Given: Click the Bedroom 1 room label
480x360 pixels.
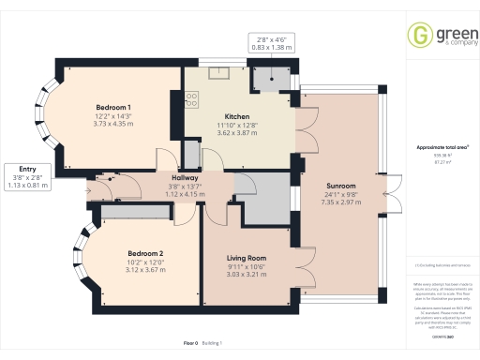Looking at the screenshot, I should [x=112, y=107].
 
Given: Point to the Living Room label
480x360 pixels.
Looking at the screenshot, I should [x=248, y=258].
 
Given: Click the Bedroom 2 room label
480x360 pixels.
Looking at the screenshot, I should [x=146, y=253].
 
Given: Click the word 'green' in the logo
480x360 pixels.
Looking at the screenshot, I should [x=446, y=32].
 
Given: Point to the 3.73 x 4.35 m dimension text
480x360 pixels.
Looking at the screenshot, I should [x=112, y=123].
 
